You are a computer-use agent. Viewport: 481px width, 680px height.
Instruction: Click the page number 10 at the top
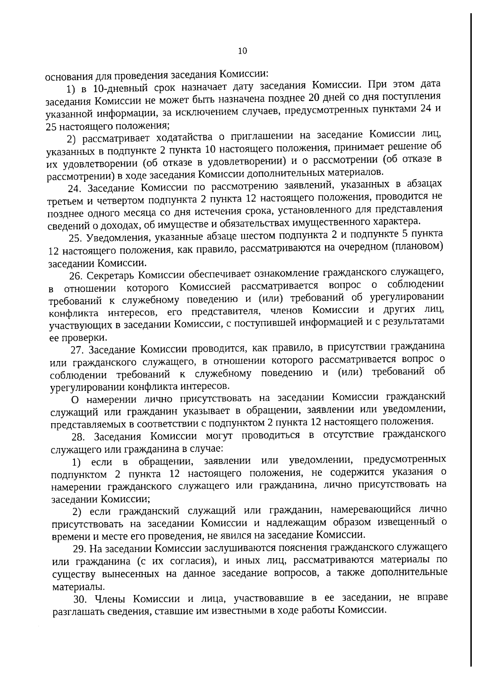[243, 51]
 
